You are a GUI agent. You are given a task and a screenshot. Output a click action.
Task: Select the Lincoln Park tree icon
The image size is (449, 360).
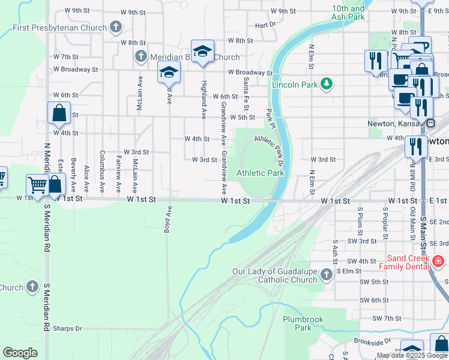click(x=327, y=84)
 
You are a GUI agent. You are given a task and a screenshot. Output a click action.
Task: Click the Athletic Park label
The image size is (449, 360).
click(x=260, y=173)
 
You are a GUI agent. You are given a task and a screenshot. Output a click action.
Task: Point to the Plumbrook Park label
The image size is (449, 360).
click(x=303, y=323)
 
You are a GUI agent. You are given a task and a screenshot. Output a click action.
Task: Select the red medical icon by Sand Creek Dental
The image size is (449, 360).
click(x=438, y=261)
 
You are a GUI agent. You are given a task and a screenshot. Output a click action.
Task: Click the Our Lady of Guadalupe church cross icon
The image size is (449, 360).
click(x=326, y=275)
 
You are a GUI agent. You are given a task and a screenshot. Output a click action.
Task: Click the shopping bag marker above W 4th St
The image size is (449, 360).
click(x=59, y=112)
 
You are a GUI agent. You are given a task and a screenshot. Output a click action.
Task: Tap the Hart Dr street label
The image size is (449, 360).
click(x=265, y=26)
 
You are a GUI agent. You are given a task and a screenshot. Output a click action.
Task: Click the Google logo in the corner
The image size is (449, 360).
click(x=20, y=353)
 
